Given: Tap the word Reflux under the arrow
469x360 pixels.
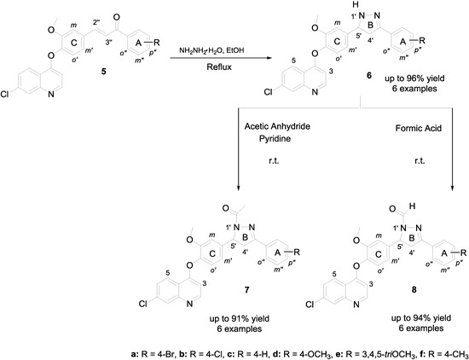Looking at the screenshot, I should (x=210, y=72).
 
